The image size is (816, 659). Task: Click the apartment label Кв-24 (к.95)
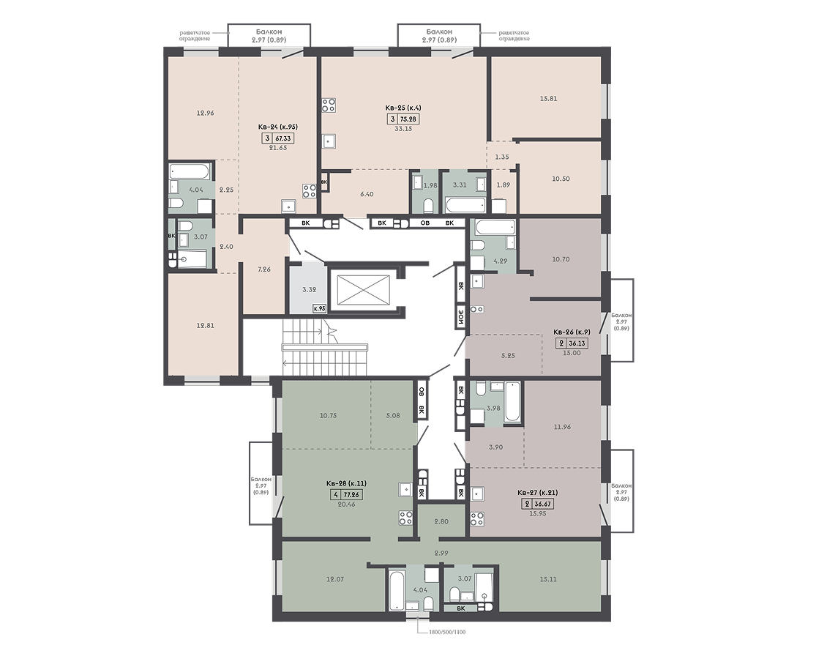[278, 127]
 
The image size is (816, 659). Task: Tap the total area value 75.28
[409, 119]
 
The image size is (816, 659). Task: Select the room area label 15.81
[548, 98]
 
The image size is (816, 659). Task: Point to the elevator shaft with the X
[364, 289]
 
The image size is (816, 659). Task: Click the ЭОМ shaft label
[460, 316]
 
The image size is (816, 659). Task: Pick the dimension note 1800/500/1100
[446, 632]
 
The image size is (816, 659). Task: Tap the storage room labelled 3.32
[309, 289]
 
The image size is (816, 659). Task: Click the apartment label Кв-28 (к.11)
[347, 483]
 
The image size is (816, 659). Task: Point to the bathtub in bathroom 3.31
[465, 205]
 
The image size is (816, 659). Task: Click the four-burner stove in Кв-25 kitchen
[329, 105]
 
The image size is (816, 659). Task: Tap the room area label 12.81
[205, 326]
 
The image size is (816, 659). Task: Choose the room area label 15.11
[548, 579]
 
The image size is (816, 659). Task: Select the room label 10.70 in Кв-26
[561, 259]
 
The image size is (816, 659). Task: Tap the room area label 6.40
[367, 194]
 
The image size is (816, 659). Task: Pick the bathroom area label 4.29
[500, 261]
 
